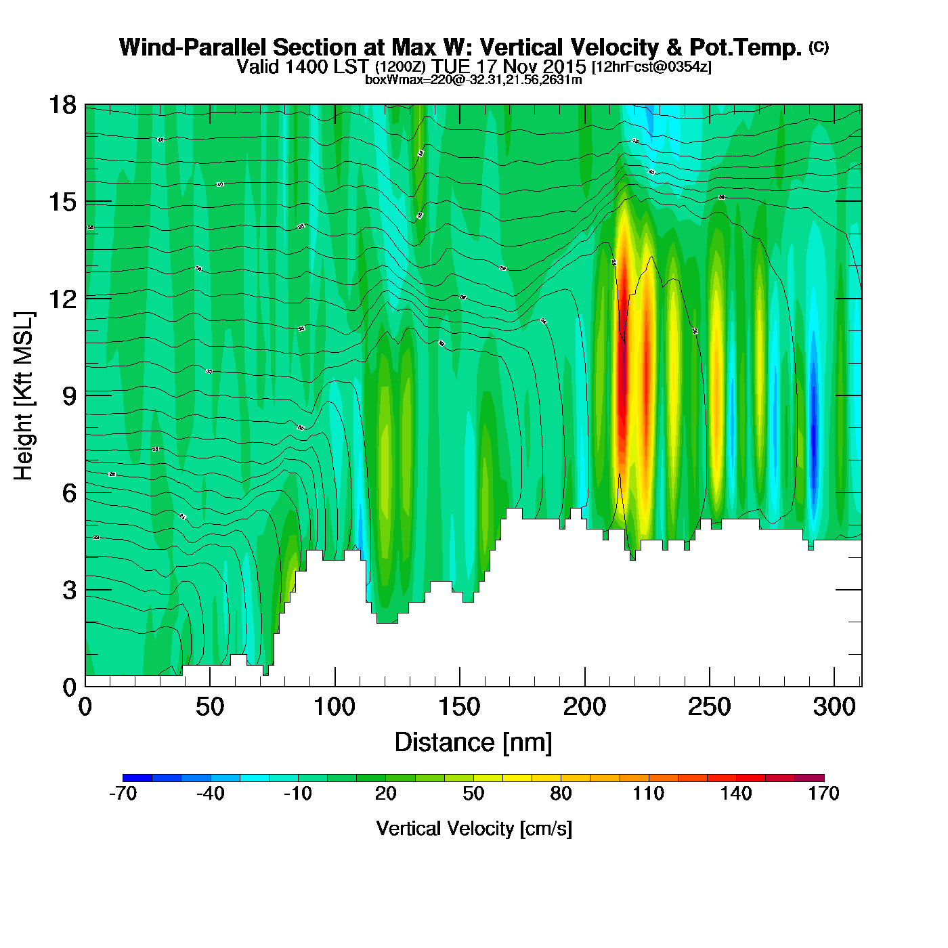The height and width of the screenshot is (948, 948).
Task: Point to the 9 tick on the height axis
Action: (70, 396)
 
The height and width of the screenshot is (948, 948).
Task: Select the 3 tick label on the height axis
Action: (70, 590)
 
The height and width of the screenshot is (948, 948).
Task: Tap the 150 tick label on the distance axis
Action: (459, 708)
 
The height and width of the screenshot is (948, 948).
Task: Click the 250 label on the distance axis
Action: (709, 708)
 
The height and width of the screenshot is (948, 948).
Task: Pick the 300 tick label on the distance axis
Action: (834, 708)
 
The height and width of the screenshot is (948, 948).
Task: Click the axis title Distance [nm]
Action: (473, 743)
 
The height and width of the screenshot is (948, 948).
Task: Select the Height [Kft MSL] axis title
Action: (24, 396)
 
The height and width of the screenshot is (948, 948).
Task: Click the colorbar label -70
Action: (123, 794)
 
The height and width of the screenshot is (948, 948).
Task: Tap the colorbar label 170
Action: (823, 794)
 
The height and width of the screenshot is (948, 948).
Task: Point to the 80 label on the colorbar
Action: (561, 794)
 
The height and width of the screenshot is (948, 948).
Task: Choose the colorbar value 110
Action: (648, 794)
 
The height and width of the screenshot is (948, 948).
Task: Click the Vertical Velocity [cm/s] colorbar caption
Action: (474, 829)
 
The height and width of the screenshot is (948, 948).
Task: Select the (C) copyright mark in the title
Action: (819, 47)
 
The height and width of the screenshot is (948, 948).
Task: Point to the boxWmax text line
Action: (473, 80)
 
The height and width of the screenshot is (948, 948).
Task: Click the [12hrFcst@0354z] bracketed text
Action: (651, 67)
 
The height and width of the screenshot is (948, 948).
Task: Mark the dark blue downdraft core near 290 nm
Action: (814, 433)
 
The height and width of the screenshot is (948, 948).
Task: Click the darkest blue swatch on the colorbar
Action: (137, 777)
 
